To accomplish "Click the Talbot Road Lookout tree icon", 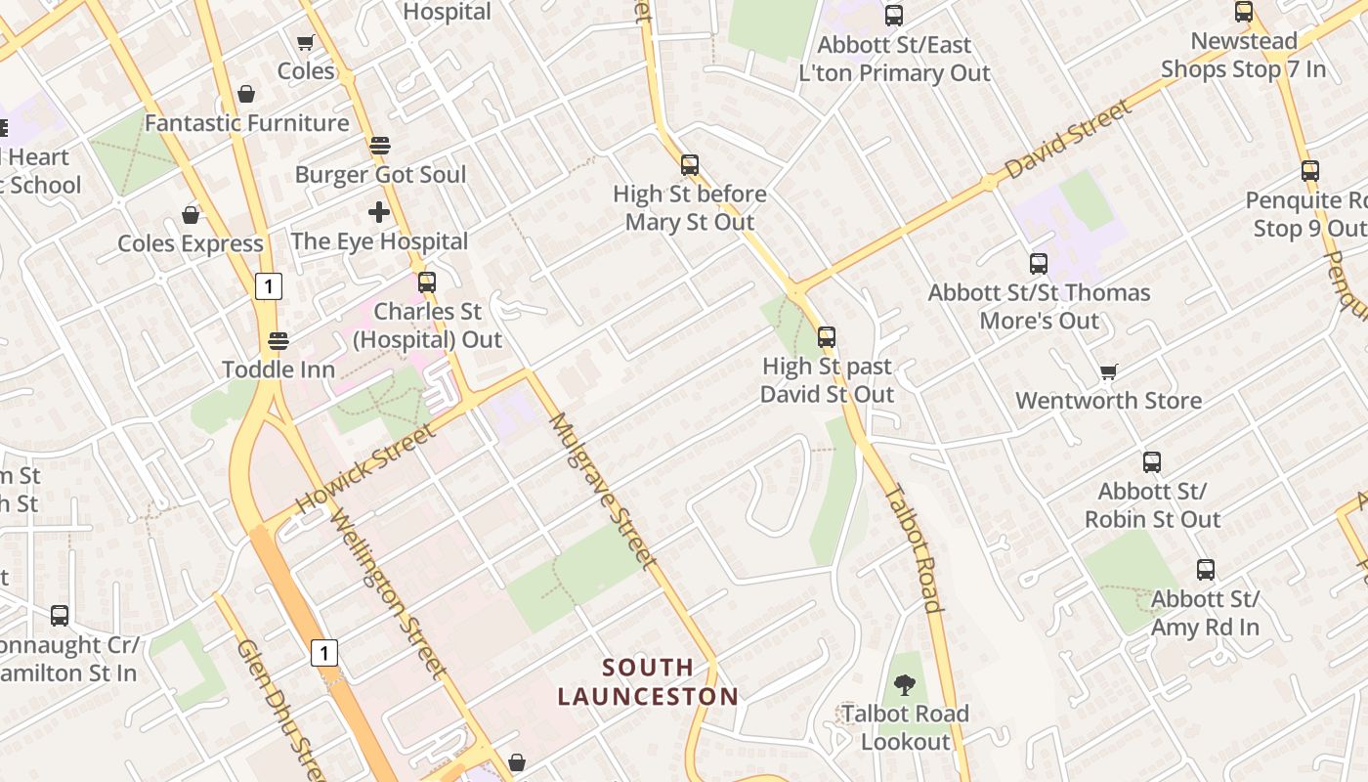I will click(905, 684).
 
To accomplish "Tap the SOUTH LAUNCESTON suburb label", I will click(648, 682).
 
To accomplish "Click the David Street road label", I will click(1068, 139).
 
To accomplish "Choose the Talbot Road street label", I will click(915, 547).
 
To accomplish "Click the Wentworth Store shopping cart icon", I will click(1108, 371).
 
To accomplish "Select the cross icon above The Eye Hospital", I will click(379, 211).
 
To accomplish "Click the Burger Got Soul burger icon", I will click(380, 146).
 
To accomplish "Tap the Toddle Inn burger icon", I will click(278, 340).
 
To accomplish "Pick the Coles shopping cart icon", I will click(305, 42).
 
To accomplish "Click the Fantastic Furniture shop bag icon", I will click(246, 94).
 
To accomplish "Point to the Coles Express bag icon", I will click(191, 214).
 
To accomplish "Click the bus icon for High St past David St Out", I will click(827, 337).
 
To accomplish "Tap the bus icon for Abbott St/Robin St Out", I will click(1152, 462).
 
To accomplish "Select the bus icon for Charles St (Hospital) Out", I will click(427, 282).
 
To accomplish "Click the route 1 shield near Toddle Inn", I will click(269, 286).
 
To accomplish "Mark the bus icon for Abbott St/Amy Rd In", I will click(1206, 570).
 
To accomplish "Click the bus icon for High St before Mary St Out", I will click(690, 164).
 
